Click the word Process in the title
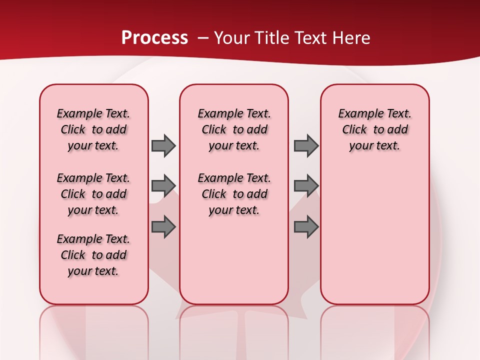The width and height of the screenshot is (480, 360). (154, 38)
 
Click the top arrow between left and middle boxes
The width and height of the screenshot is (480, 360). (163, 145)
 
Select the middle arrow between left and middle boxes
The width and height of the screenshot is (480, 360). (163, 185)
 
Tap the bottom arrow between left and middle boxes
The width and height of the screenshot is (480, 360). (163, 227)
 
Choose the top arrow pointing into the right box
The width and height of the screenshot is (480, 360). (306, 145)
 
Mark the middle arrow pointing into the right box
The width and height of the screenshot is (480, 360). (306, 185)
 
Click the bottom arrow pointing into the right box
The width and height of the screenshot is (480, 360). (306, 227)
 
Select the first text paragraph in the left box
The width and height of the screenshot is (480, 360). (93, 129)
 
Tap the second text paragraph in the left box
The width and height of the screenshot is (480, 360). (93, 194)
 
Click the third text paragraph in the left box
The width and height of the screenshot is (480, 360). (93, 255)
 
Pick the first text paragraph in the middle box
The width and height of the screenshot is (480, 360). (234, 129)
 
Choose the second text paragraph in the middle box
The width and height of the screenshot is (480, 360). (234, 194)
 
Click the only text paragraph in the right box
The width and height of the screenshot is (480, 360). (374, 129)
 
